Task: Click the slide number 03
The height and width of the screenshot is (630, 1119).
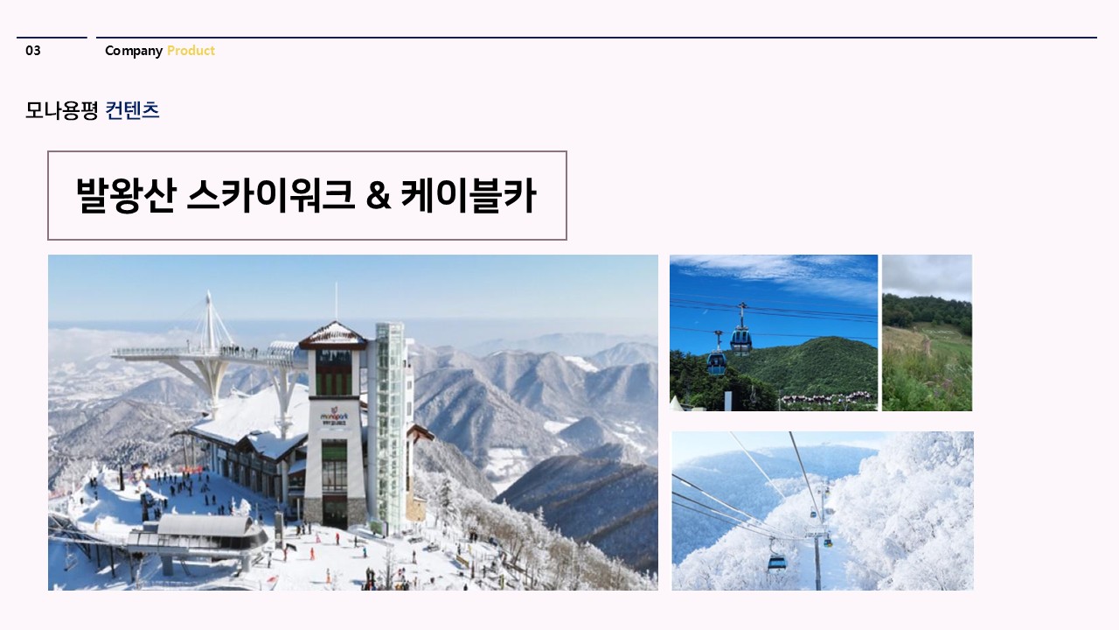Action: tap(33, 51)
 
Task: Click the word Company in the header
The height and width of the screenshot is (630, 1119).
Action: tap(134, 51)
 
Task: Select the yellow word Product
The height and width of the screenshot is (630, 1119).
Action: tap(191, 51)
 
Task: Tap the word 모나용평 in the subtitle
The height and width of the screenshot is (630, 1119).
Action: tap(61, 110)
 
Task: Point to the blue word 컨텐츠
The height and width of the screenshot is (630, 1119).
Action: tap(132, 110)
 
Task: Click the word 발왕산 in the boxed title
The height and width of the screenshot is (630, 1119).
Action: tap(127, 195)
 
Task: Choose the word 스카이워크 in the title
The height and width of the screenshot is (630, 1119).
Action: tap(270, 195)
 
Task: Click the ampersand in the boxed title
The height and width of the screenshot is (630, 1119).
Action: tap(379, 196)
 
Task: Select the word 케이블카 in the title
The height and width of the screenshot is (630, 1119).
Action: tap(469, 195)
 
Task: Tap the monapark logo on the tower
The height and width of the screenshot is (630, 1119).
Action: tap(335, 416)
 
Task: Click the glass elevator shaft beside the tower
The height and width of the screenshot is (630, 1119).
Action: tap(390, 425)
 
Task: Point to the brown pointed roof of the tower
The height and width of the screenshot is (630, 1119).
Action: tap(334, 335)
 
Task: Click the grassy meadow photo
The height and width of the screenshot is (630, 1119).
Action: tap(928, 333)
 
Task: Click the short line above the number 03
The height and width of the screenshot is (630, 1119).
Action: tap(52, 38)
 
